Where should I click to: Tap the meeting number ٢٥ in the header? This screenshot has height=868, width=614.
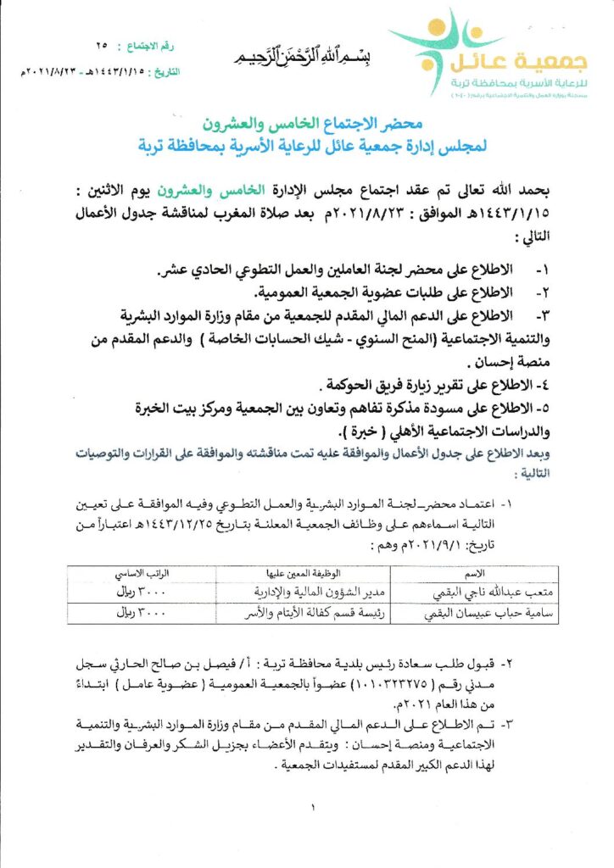pos(103,43)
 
